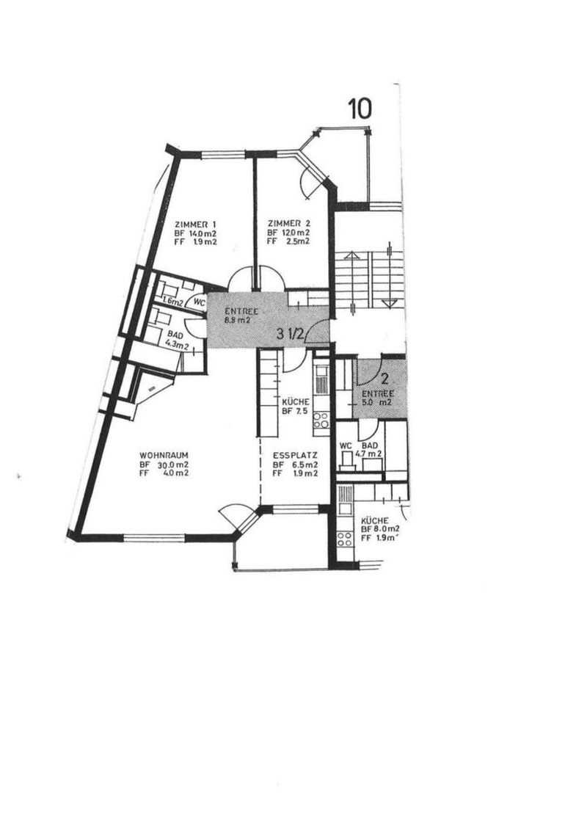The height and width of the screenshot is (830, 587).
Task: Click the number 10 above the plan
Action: point(360,108)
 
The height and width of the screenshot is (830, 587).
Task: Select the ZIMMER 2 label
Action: point(285,224)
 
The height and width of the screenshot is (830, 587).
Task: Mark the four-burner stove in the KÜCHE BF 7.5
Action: point(321,420)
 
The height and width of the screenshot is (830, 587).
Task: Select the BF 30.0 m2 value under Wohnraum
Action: point(164,465)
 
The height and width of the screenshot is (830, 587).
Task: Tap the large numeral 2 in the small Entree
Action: point(384,379)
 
